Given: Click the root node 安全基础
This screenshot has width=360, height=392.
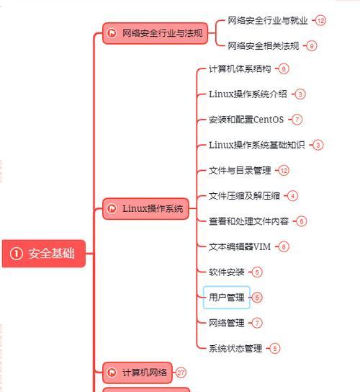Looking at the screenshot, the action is [44, 253].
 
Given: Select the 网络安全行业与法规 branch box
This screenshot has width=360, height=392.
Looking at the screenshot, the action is [155, 33].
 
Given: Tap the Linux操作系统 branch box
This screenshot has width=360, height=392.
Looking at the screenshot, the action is [145, 208].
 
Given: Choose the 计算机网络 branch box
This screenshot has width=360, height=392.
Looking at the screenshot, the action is [138, 373].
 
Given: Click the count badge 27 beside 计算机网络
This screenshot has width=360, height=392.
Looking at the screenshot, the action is [181, 373].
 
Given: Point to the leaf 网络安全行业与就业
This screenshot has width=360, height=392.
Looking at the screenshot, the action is [268, 20].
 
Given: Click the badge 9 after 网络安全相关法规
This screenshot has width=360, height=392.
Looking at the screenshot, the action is [311, 46].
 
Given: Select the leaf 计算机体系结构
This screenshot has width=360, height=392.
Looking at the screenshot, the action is [240, 68].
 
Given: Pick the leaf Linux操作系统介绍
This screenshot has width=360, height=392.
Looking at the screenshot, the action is [248, 94].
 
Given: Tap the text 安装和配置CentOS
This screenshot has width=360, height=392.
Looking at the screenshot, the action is [246, 120].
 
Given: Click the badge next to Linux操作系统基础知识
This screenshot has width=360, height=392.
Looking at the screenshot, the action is [318, 145].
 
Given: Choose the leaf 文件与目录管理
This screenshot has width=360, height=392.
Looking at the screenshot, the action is [240, 171].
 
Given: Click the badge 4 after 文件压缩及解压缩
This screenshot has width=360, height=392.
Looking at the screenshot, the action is [292, 196].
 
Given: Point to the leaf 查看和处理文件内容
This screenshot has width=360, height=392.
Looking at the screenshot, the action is [249, 221].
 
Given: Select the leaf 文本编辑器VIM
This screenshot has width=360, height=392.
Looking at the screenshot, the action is [240, 246].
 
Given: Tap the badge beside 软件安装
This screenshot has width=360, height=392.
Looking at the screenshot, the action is [257, 272].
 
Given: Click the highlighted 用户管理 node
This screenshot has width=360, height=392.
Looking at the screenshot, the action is [227, 298].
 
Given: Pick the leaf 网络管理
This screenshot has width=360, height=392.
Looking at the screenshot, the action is [227, 323].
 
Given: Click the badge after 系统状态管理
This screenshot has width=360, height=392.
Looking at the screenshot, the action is [275, 348].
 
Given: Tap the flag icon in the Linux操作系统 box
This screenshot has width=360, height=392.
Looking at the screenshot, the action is [112, 208].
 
